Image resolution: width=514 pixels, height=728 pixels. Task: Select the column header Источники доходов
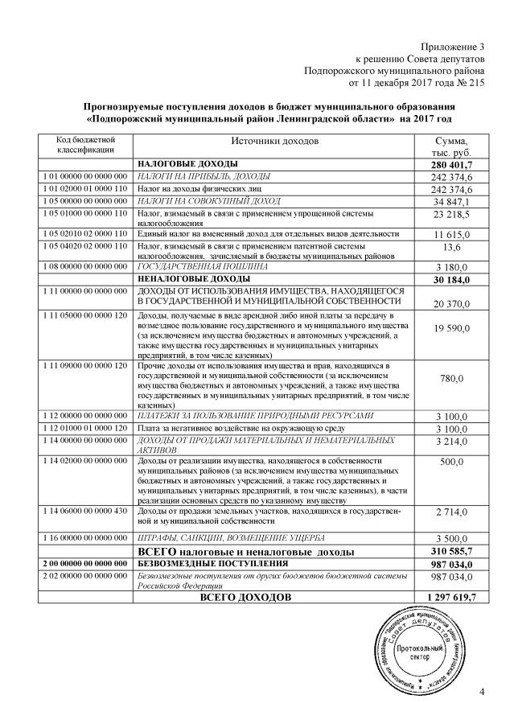(274, 142)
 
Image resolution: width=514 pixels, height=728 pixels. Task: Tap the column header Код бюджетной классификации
(84, 146)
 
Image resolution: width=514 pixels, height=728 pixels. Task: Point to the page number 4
(482, 692)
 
